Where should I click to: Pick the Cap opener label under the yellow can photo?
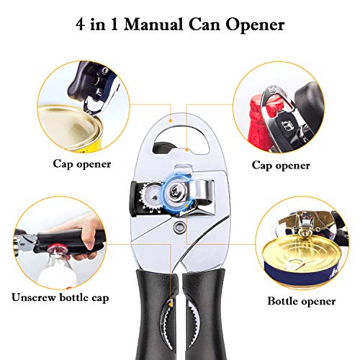point(81,163)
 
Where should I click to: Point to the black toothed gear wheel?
point(153,196)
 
